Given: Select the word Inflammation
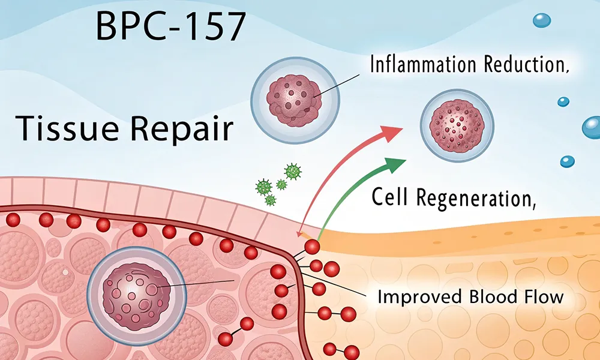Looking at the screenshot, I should tap(424, 65).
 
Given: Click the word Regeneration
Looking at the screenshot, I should tap(474, 198).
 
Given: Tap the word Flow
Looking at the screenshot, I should tap(542, 297).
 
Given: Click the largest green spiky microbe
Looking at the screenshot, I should tap(292, 172).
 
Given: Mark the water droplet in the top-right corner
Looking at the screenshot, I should tap(541, 20).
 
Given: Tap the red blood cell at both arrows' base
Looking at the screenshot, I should tap(312, 246).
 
